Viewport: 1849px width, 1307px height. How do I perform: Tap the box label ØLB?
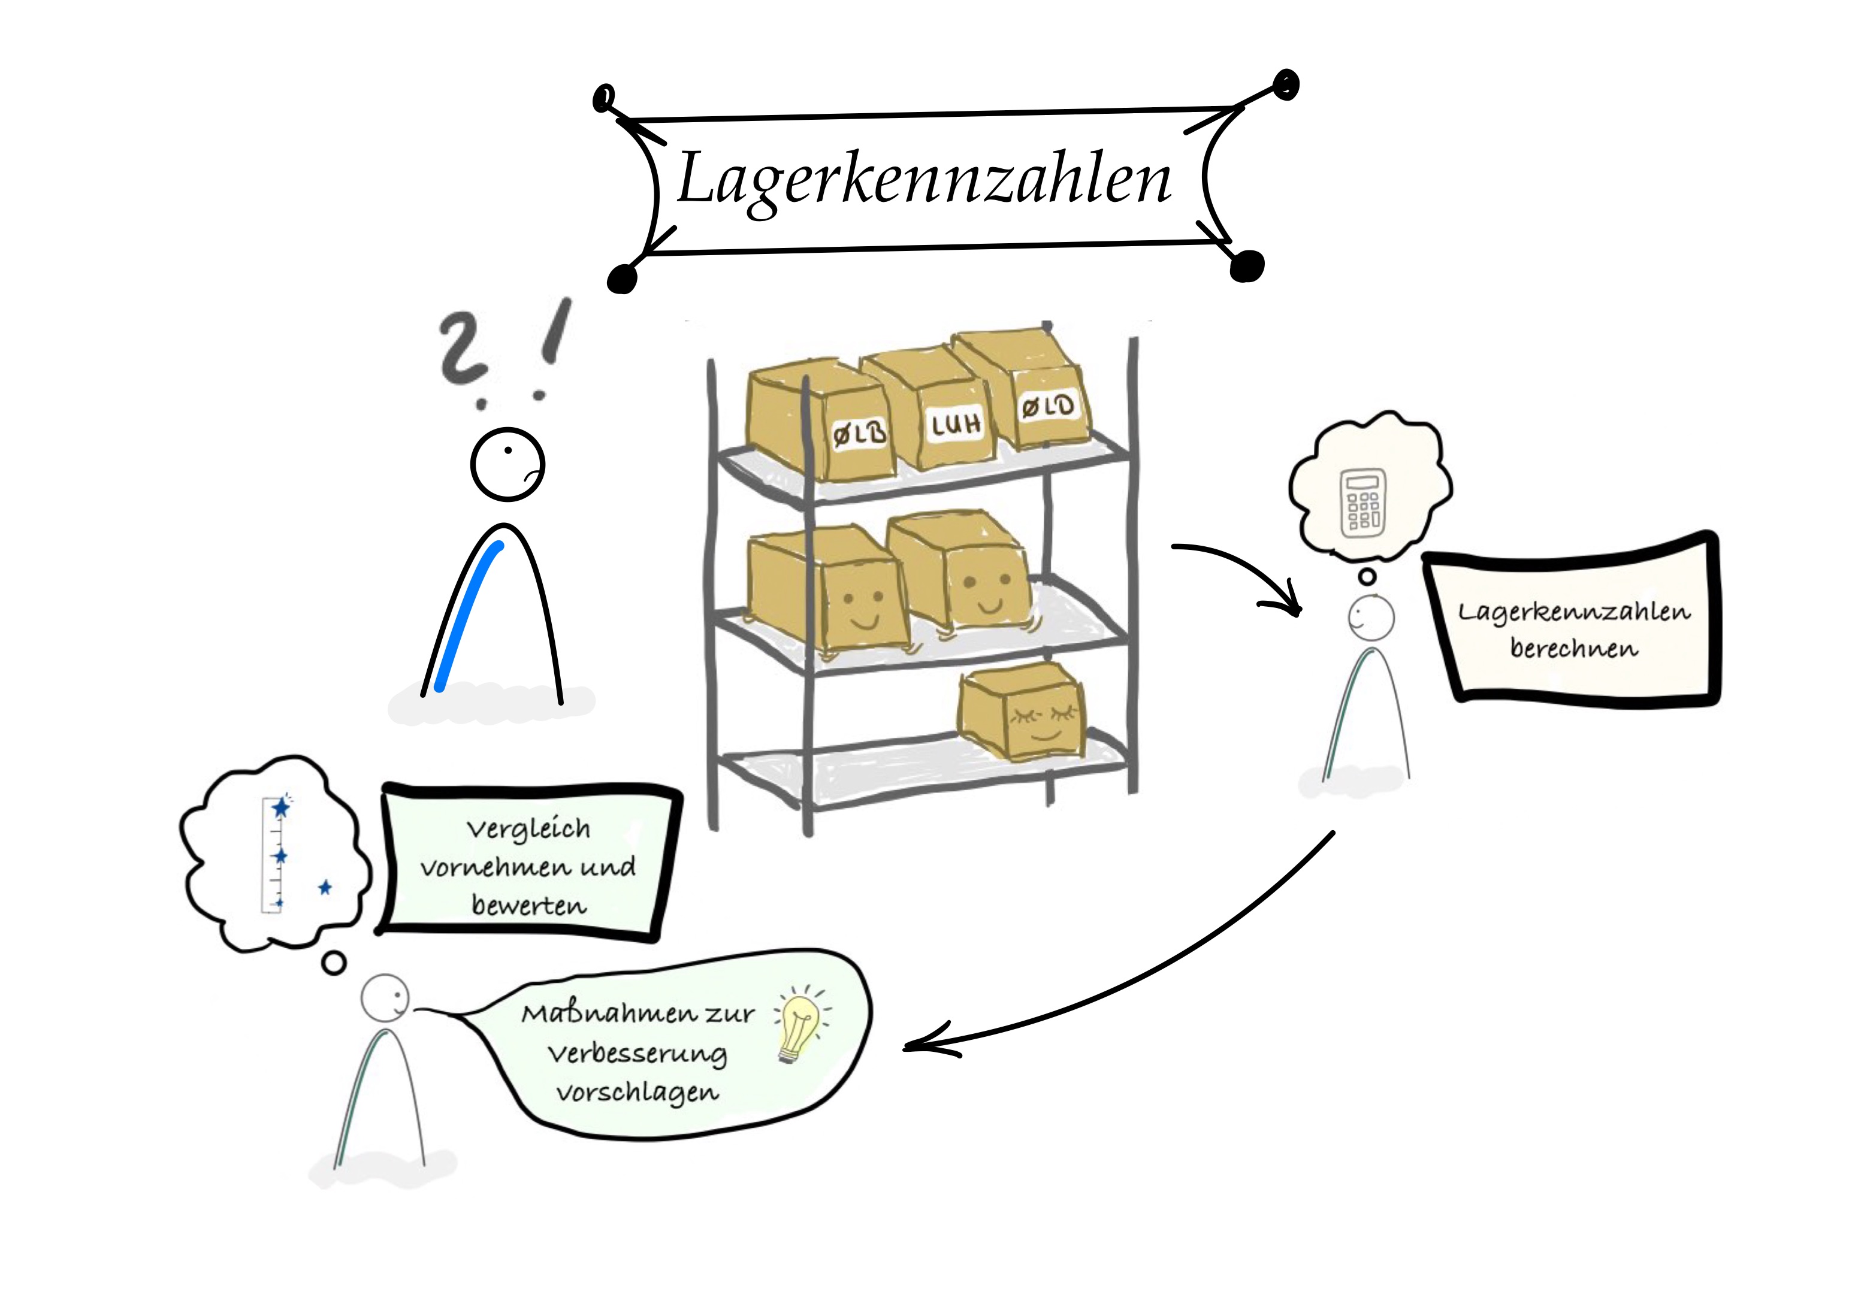[859, 434]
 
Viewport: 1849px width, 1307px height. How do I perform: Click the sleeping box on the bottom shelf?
[1023, 710]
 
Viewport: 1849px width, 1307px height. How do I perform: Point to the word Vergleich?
[528, 828]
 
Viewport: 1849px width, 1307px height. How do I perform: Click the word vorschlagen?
[637, 1093]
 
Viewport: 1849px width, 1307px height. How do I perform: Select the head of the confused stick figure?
[507, 465]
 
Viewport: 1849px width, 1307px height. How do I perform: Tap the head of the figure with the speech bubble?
[384, 999]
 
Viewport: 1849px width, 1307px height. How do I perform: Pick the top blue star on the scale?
[281, 807]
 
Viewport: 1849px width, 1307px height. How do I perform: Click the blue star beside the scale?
[325, 888]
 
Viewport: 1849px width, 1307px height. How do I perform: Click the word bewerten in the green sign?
[529, 905]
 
